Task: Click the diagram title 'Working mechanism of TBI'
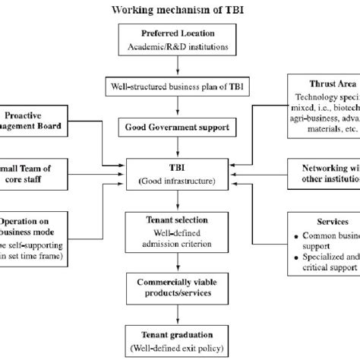click(180, 10)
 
